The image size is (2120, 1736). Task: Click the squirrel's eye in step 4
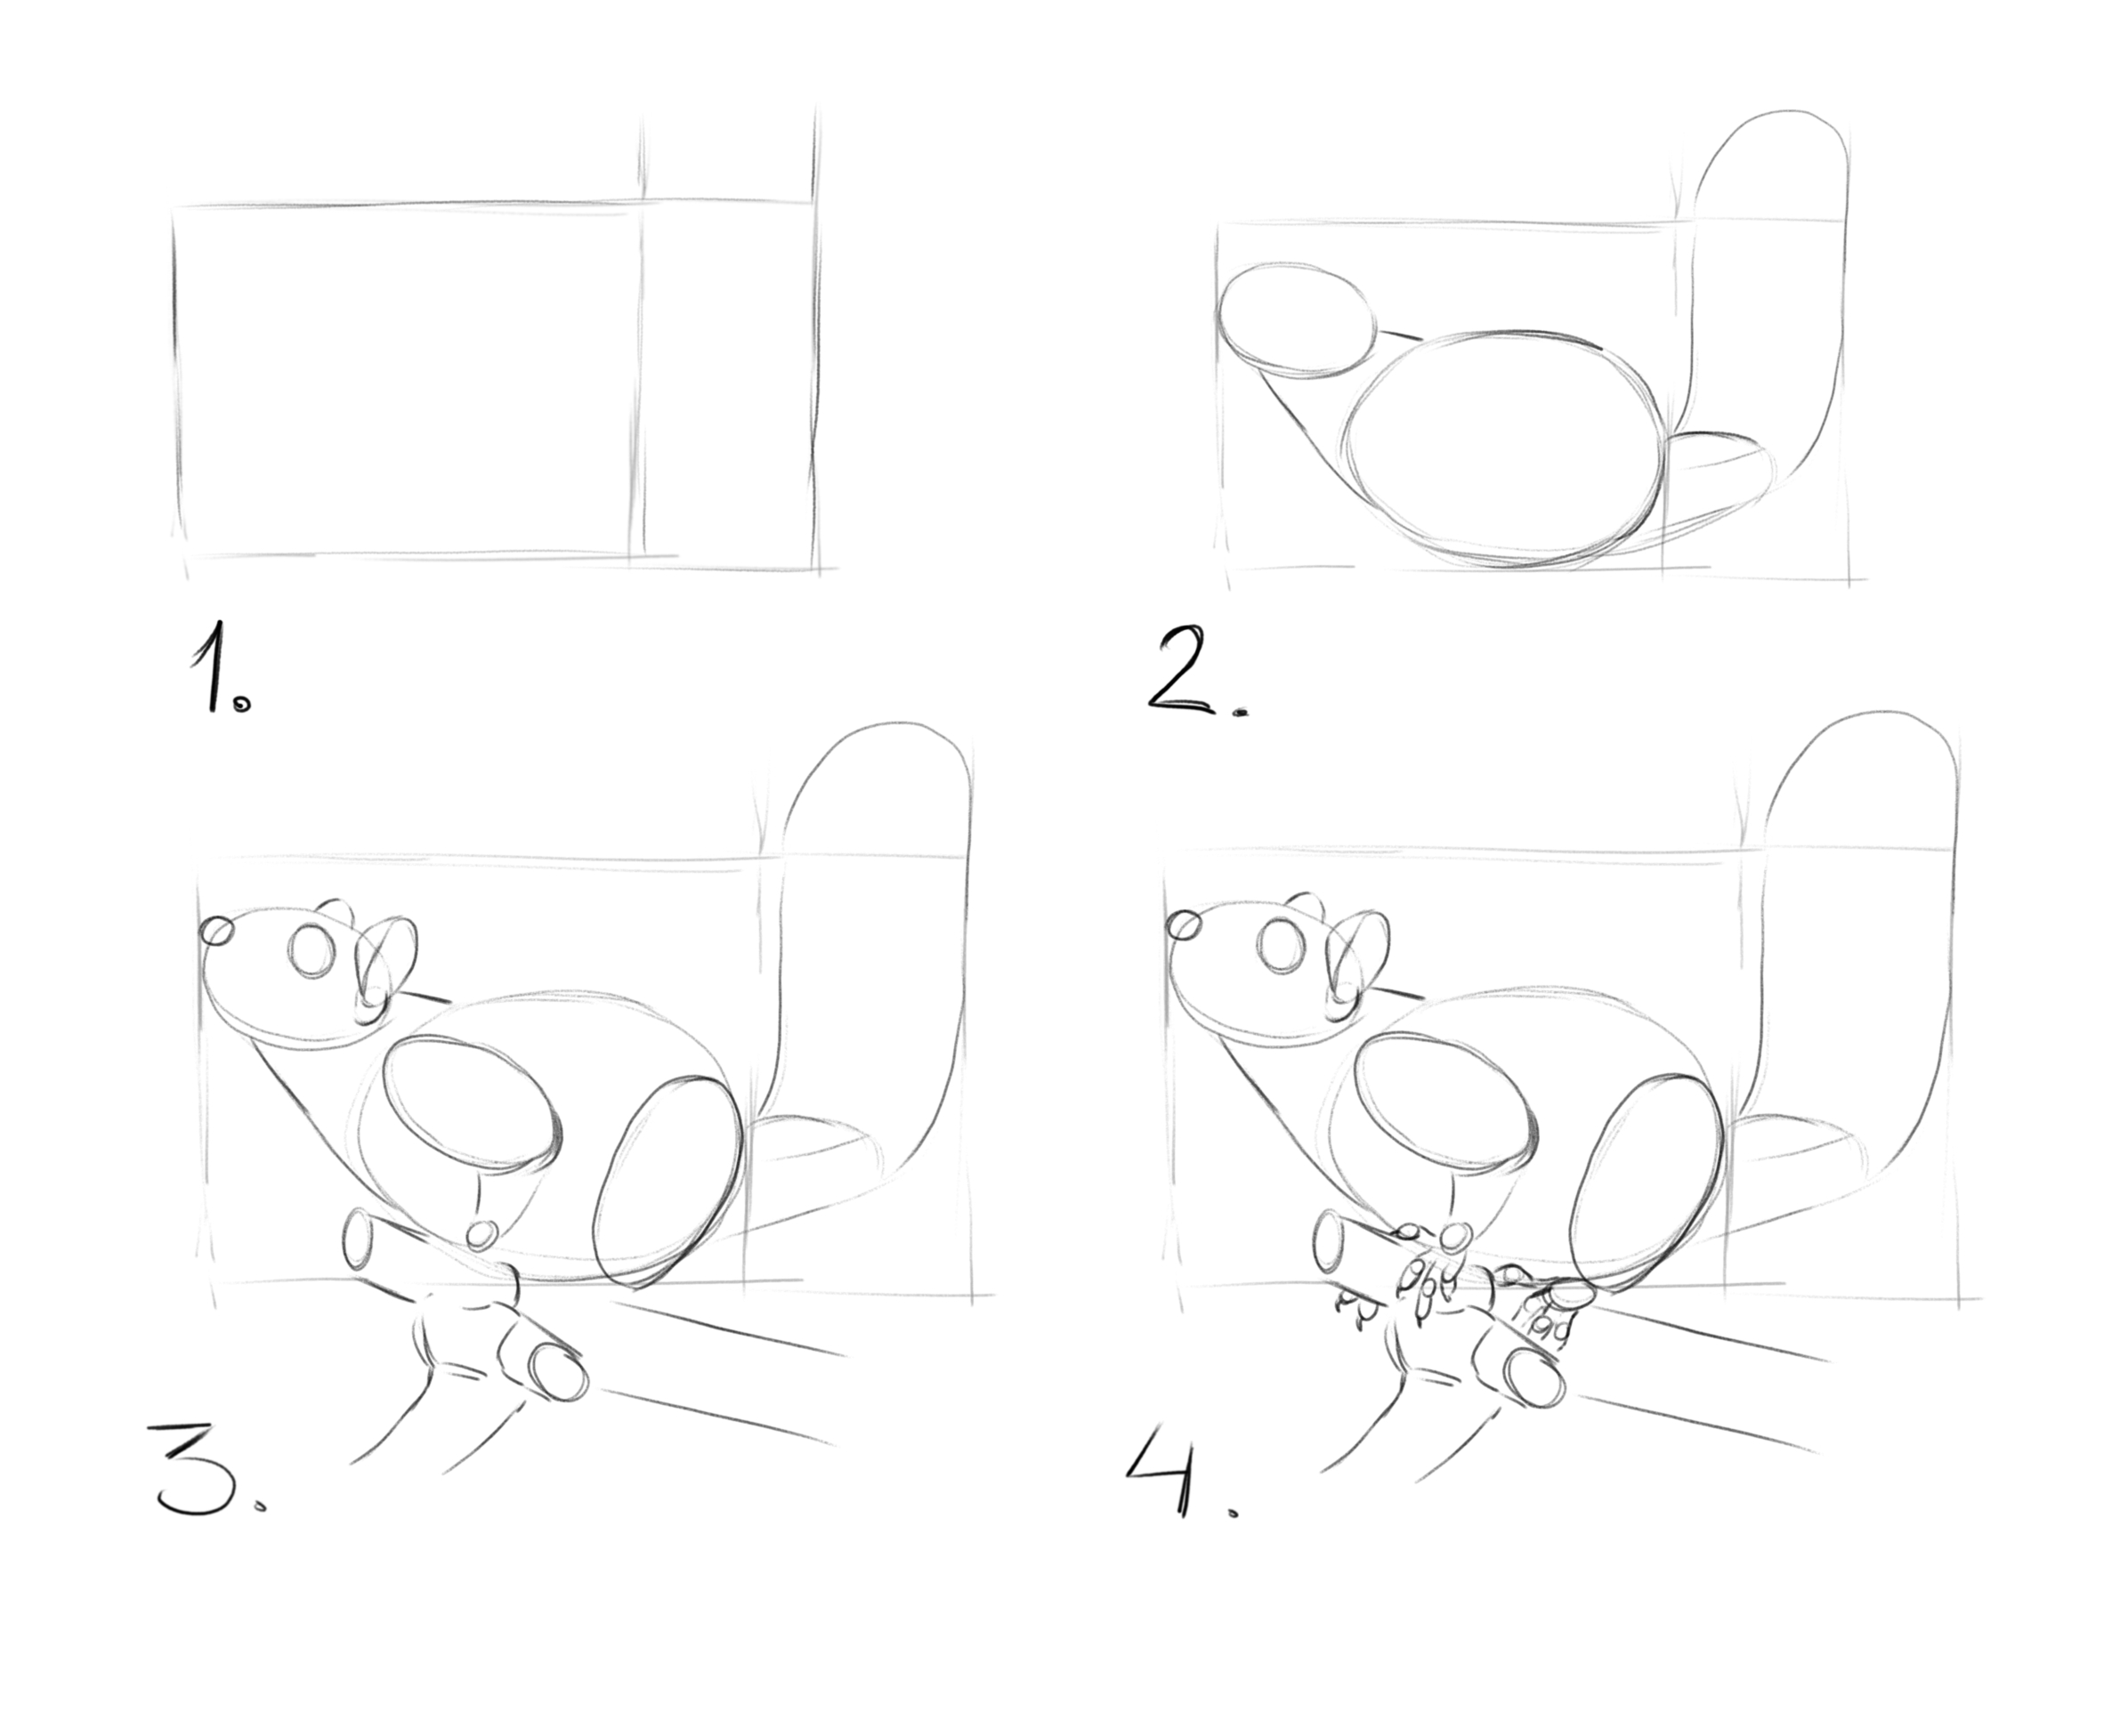[x=1282, y=946]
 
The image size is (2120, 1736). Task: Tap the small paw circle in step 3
[x=482, y=1234]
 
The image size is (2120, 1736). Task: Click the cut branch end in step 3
[x=559, y=1378]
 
